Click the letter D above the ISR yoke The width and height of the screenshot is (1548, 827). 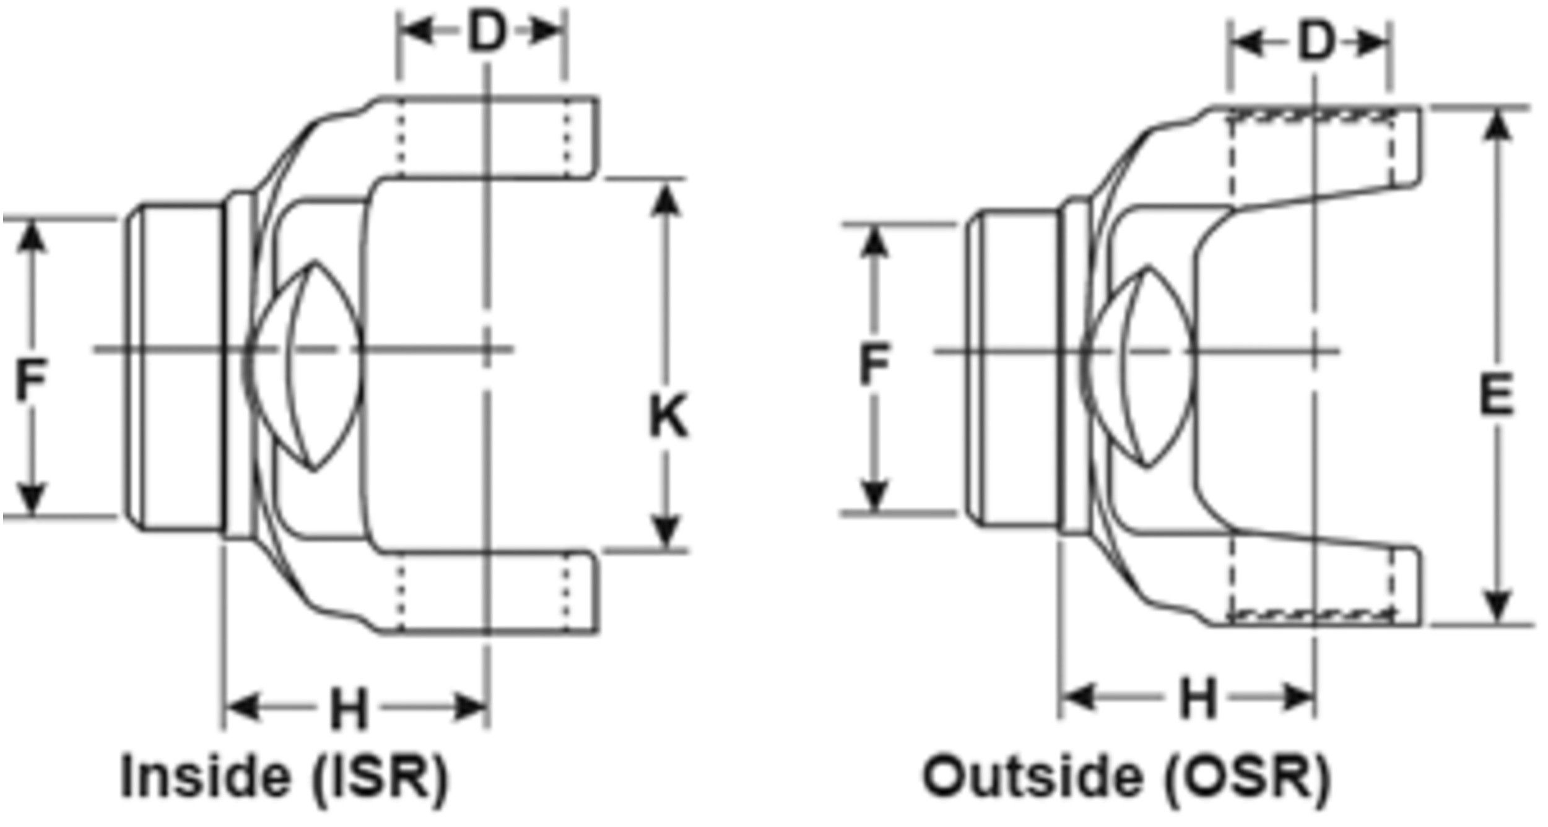tap(487, 32)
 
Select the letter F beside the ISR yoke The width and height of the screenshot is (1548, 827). tap(30, 381)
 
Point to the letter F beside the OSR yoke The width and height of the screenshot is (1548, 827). tap(874, 365)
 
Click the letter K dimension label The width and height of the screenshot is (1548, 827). tap(668, 417)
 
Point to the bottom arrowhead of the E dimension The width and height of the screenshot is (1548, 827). tap(1498, 607)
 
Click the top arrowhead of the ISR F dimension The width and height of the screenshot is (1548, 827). tap(31, 236)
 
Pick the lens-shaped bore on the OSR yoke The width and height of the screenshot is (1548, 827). tap(1138, 366)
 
